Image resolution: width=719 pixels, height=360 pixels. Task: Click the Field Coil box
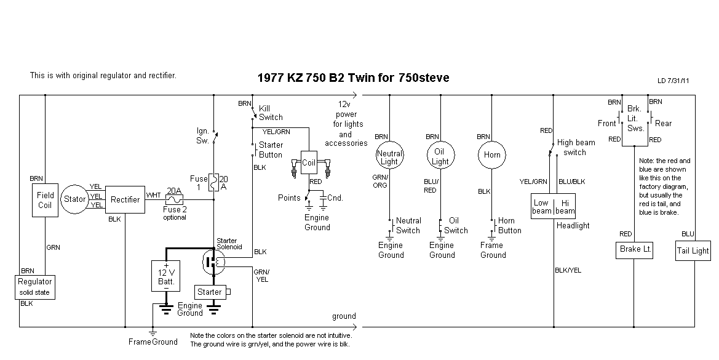pyautogui.click(x=45, y=200)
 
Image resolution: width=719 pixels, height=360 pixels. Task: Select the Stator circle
pyautogui.click(x=75, y=199)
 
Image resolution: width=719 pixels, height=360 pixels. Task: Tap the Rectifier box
pyautogui.click(x=125, y=199)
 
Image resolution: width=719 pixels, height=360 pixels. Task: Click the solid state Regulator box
pyautogui.click(x=35, y=287)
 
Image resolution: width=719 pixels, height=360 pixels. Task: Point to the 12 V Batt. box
pyautogui.click(x=165, y=276)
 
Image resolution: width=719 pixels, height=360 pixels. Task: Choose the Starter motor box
pyautogui.click(x=210, y=292)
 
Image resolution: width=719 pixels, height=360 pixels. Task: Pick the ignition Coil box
pyautogui.click(x=308, y=162)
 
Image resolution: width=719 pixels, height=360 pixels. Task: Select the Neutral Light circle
pyautogui.click(x=390, y=157)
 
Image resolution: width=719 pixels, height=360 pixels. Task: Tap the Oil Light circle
pyautogui.click(x=440, y=156)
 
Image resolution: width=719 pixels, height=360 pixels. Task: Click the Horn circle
pyautogui.click(x=492, y=155)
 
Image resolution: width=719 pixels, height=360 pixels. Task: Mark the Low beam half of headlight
pyautogui.click(x=541, y=207)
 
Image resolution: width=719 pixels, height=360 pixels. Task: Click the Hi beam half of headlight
pyautogui.click(x=565, y=207)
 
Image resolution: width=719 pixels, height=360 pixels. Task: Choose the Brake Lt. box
pyautogui.click(x=634, y=250)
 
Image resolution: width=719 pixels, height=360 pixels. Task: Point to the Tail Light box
pyautogui.click(x=693, y=250)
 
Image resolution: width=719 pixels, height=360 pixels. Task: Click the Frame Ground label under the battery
pyautogui.click(x=153, y=342)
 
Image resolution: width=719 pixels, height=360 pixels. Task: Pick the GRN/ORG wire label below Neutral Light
pyautogui.click(x=380, y=181)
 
